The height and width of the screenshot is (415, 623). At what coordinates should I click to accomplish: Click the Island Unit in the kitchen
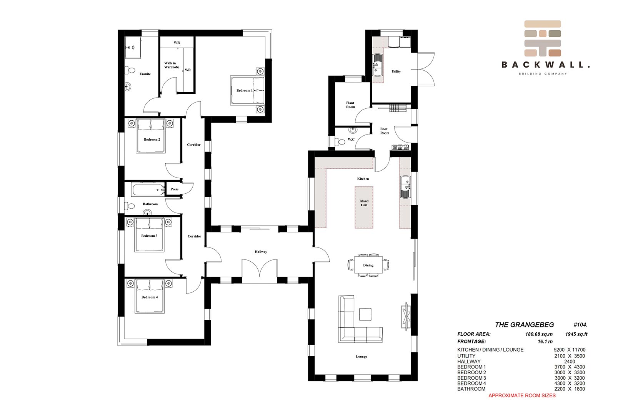[364, 207]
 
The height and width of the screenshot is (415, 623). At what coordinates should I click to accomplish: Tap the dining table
[368, 265]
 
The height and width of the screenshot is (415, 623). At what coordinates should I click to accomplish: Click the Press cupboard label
[174, 189]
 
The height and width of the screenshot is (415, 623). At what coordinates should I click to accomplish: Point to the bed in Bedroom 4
[150, 296]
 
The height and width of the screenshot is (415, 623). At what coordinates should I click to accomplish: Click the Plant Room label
[350, 105]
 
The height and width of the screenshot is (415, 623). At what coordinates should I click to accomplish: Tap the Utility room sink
[377, 65]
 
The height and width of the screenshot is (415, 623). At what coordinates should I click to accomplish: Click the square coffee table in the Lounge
[365, 314]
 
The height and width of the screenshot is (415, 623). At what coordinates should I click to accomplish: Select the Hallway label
[261, 252]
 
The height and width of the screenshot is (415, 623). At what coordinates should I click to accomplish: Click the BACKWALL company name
[545, 65]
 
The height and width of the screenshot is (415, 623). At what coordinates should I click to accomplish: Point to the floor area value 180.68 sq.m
[539, 334]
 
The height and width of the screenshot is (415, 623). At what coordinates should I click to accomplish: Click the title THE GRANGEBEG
[524, 325]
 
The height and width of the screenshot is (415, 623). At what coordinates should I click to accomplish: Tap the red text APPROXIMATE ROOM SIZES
[522, 395]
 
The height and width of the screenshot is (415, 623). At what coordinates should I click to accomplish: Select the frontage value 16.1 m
[545, 341]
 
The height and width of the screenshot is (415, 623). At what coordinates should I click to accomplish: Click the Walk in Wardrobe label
[172, 65]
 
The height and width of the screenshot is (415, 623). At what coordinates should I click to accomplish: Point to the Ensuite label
[145, 74]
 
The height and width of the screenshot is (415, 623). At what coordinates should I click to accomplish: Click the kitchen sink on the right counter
[405, 187]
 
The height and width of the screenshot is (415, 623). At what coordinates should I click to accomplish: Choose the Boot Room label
[385, 131]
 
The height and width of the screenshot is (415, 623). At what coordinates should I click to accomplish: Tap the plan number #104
[580, 325]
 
